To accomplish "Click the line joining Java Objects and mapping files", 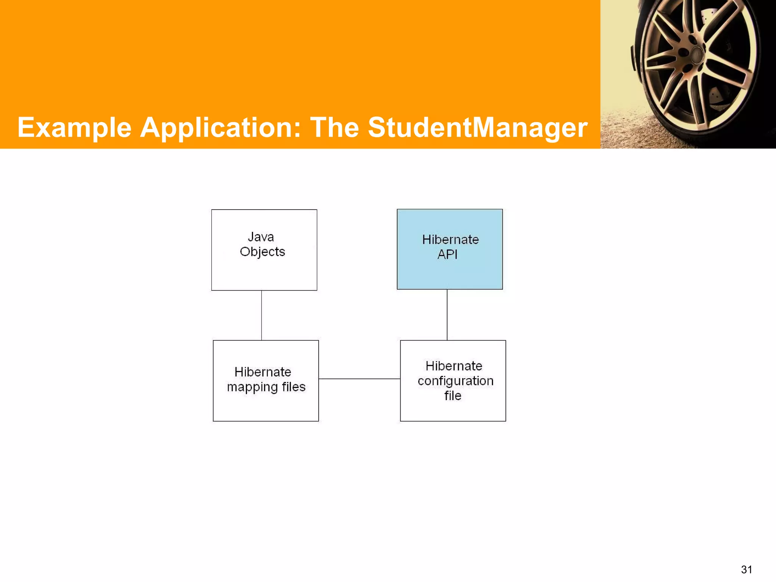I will click(x=261, y=315).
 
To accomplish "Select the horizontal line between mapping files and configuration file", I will click(x=359, y=379).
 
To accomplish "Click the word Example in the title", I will click(x=74, y=128).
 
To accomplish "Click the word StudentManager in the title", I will click(x=477, y=128).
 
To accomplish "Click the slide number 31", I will click(x=746, y=569).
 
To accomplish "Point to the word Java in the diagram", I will click(x=261, y=237).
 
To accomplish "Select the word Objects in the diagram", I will click(x=262, y=252).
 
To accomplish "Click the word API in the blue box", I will click(x=447, y=254).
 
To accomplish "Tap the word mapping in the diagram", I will click(x=252, y=387).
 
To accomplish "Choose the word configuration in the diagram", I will click(x=455, y=381).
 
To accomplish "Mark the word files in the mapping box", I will click(x=294, y=387).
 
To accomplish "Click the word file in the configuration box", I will click(x=453, y=396).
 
